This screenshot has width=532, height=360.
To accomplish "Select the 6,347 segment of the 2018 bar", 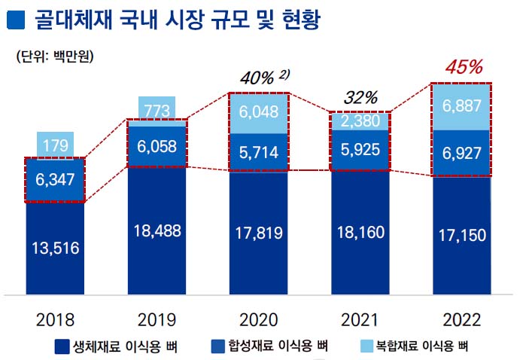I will coord(56,180).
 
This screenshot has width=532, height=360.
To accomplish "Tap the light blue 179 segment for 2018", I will coord(56,145).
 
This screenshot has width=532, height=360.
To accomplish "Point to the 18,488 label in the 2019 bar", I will coord(156,231).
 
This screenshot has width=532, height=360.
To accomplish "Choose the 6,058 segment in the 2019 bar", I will coord(156,145).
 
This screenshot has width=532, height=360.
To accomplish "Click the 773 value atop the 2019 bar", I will coord(156,111).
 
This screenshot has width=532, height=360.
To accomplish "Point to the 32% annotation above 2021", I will coord(360,97).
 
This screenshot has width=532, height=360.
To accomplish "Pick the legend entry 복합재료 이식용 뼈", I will coord(421,346).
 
